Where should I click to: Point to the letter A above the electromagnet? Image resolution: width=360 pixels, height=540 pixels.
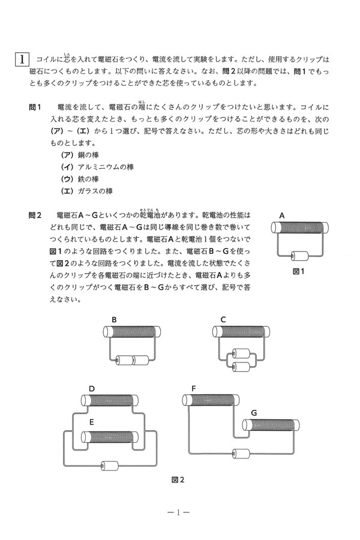[281, 215]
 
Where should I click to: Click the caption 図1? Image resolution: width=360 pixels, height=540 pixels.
[299, 271]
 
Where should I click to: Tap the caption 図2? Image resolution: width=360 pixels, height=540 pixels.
[178, 479]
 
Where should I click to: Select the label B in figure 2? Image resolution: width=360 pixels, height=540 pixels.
[114, 319]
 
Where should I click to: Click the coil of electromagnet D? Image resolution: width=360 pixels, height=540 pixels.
[109, 401]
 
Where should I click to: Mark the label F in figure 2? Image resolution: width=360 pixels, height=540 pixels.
[193, 388]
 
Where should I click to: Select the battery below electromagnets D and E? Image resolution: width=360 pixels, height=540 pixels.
[110, 465]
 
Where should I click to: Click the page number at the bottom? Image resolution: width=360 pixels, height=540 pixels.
[179, 513]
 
